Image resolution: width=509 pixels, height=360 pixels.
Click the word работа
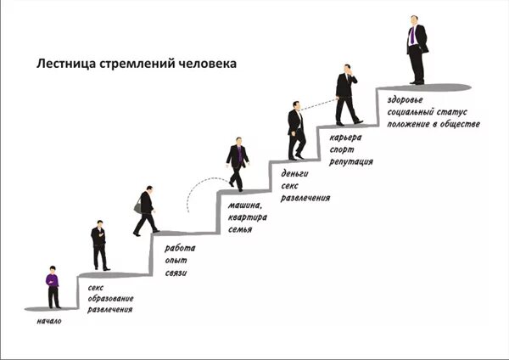(x=180, y=248)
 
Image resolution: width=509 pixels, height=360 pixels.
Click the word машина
(x=246, y=205)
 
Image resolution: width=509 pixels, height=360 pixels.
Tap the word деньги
(x=294, y=173)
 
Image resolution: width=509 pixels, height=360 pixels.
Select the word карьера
(x=346, y=137)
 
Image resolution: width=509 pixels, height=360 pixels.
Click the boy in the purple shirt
(x=53, y=286)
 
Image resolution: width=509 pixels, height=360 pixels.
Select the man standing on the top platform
(x=416, y=49)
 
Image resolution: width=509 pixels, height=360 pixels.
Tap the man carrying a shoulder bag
(x=145, y=210)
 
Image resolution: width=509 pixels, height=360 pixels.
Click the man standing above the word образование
(x=100, y=245)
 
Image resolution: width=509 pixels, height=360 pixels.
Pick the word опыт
(x=176, y=261)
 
